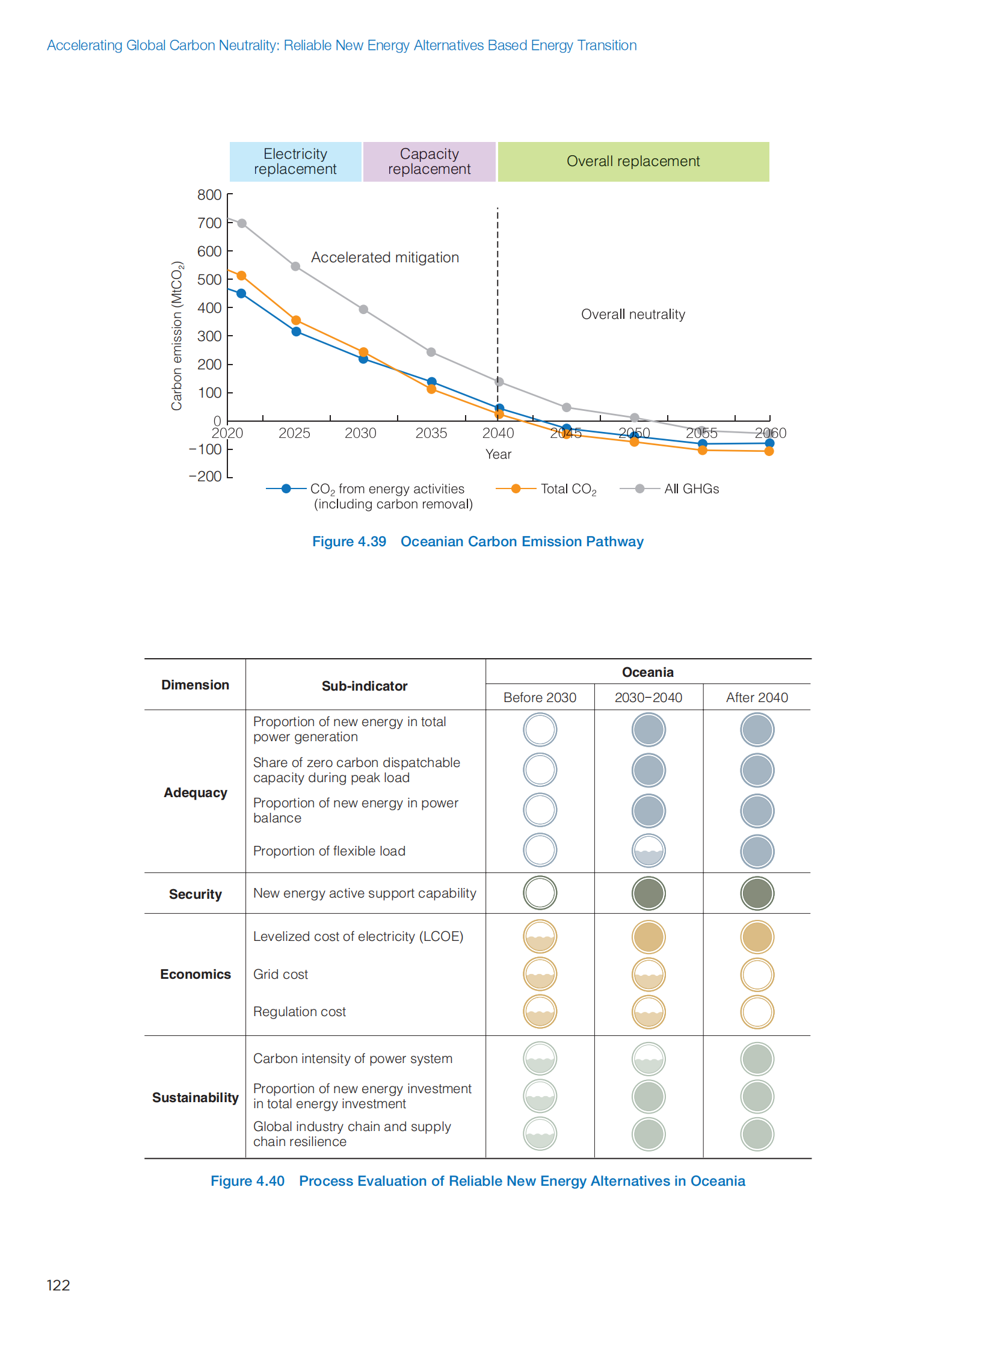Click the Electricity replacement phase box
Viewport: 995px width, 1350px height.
[295, 161]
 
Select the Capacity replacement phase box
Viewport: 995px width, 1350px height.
[429, 161]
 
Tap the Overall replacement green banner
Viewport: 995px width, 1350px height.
[633, 161]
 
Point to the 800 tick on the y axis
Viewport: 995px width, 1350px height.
[209, 194]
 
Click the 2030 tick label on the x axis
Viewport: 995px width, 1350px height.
[360, 433]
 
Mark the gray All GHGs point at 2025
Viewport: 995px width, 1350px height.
[296, 267]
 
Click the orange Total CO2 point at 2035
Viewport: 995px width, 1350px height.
[431, 389]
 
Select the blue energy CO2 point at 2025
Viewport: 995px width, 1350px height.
[297, 331]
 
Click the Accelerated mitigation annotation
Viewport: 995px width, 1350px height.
[385, 257]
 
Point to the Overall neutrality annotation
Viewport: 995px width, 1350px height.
[633, 314]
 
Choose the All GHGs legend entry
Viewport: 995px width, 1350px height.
[691, 489]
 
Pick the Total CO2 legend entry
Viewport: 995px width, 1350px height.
[568, 489]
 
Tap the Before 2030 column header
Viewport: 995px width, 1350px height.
[540, 697]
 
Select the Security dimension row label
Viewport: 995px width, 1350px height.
[195, 894]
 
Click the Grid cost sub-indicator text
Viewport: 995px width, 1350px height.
[281, 974]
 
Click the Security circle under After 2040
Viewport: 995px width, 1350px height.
[757, 893]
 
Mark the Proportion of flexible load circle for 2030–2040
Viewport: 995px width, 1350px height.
[648, 851]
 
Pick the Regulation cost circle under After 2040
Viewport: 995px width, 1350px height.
[757, 1011]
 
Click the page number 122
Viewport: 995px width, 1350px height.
[58, 1285]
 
